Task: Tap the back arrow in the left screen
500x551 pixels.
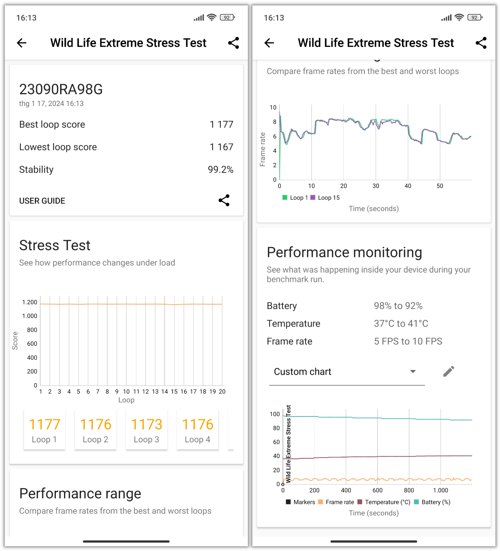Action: tap(22, 43)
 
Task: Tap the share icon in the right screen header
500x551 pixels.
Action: tap(481, 43)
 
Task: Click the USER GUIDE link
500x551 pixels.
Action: tap(42, 201)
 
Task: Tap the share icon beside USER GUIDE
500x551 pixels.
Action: tap(224, 201)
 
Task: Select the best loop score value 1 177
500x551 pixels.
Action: tap(221, 124)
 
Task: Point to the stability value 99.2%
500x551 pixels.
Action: tap(220, 170)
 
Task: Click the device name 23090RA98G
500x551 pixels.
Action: tap(61, 90)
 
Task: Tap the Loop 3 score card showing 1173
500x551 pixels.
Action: tap(146, 430)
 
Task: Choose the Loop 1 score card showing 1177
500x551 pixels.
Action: tap(45, 430)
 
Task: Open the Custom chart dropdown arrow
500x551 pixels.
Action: tap(412, 372)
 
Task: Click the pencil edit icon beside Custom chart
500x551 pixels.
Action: tap(449, 372)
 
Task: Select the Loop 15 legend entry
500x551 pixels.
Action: tap(325, 198)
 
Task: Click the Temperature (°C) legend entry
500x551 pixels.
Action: tap(384, 502)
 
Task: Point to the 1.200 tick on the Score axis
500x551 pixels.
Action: tap(30, 302)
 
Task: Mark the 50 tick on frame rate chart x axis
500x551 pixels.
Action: tap(440, 186)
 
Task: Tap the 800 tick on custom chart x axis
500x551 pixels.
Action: tap(409, 490)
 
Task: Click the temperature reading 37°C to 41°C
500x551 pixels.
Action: tap(401, 324)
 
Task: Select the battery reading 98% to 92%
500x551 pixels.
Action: tap(398, 306)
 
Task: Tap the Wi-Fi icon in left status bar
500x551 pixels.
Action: tap(211, 18)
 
